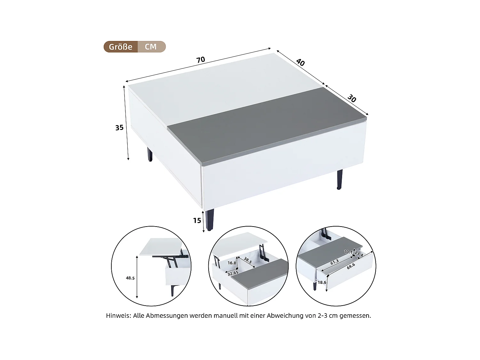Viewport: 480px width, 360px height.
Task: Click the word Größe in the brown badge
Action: click(120, 47)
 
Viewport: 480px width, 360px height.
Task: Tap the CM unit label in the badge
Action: click(151, 47)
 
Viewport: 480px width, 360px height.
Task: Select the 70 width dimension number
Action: click(200, 60)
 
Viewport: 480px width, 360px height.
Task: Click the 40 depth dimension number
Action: click(300, 62)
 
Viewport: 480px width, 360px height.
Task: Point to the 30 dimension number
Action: click(352, 99)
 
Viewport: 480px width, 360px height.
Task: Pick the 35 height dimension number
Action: click(119, 128)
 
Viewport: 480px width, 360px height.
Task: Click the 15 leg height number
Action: click(197, 220)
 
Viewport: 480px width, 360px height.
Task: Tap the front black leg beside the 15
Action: click(210, 220)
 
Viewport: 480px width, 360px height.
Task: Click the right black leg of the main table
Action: click(339, 180)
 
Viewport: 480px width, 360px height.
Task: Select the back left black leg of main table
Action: click(150, 155)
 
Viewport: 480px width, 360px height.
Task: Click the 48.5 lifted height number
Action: click(130, 278)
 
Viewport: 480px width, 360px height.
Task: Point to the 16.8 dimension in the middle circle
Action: click(232, 263)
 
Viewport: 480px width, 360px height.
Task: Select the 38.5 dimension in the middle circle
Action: click(248, 260)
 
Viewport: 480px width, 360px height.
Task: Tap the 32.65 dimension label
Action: click(233, 273)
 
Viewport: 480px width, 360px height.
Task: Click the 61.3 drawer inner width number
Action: click(334, 262)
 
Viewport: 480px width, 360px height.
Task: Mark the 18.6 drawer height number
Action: click(322, 282)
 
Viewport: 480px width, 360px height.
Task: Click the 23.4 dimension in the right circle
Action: click(359, 254)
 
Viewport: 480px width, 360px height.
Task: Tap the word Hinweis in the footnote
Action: click(118, 316)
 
